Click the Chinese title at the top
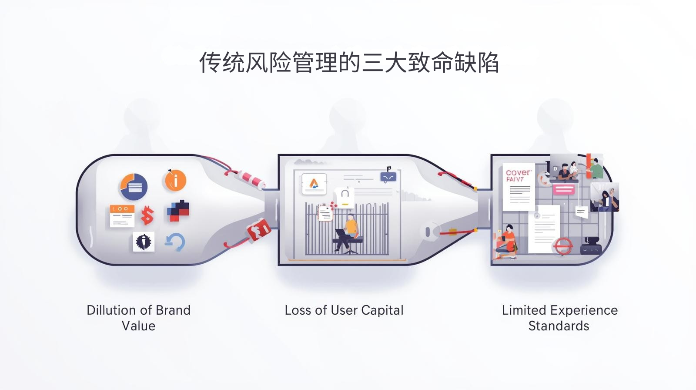click(x=349, y=62)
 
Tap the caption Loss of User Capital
click(x=344, y=310)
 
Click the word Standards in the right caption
click(x=559, y=326)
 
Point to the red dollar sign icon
click(x=147, y=215)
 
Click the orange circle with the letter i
click(x=175, y=180)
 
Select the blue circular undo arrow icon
click(x=175, y=242)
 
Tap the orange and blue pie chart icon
click(x=134, y=187)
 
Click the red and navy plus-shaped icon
click(x=178, y=211)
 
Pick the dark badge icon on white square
click(x=144, y=242)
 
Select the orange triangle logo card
click(x=314, y=184)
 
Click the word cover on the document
click(x=518, y=172)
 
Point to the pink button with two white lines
click(x=564, y=189)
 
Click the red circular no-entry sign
click(x=562, y=246)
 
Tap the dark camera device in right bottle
click(x=591, y=246)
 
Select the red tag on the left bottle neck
click(x=259, y=229)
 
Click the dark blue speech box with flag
click(x=388, y=176)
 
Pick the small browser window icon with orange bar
click(x=122, y=216)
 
